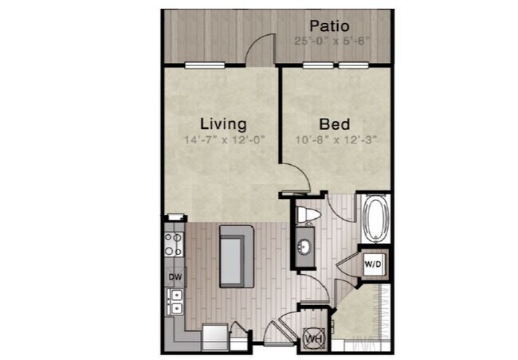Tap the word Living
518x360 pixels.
(222, 124)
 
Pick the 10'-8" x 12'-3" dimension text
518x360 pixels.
(336, 139)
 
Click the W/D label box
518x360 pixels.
(372, 262)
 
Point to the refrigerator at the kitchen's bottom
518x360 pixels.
(214, 336)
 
